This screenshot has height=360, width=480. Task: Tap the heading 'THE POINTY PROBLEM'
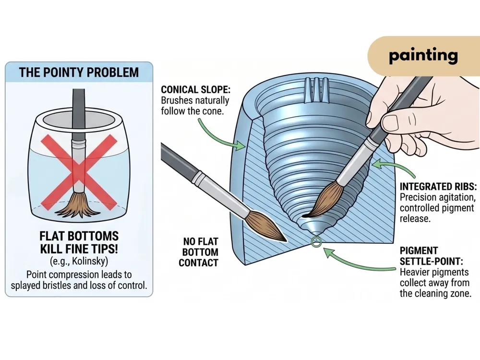79,72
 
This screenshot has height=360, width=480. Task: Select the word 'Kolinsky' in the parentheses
90,261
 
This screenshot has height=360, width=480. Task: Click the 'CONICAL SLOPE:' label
196,90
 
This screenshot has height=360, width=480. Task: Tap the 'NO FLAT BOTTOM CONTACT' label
199,252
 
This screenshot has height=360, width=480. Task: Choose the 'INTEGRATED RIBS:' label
438,186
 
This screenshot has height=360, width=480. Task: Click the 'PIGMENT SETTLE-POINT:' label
431,256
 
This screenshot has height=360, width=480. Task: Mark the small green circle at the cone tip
316,241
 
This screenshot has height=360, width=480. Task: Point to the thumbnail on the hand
391,122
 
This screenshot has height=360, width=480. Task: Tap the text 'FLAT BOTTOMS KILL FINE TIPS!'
79,242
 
